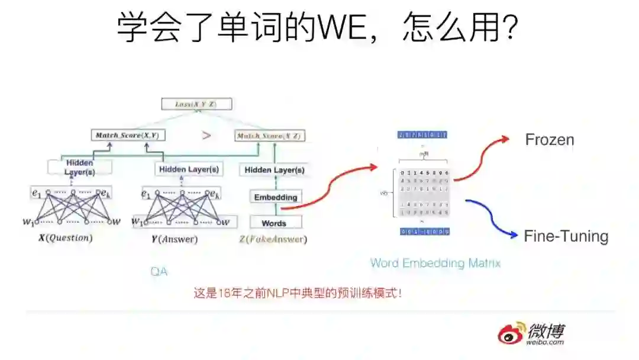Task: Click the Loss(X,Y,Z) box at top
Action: [196, 104]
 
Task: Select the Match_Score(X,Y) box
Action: [128, 135]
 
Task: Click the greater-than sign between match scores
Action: [206, 135]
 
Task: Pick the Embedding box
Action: [275, 197]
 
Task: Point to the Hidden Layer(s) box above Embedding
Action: [275, 170]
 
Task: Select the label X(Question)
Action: [65, 239]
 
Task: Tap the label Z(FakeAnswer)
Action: [273, 239]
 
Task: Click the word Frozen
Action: [550, 140]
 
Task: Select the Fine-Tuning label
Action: [566, 236]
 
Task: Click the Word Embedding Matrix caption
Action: [435, 263]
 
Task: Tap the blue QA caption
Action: [159, 272]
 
